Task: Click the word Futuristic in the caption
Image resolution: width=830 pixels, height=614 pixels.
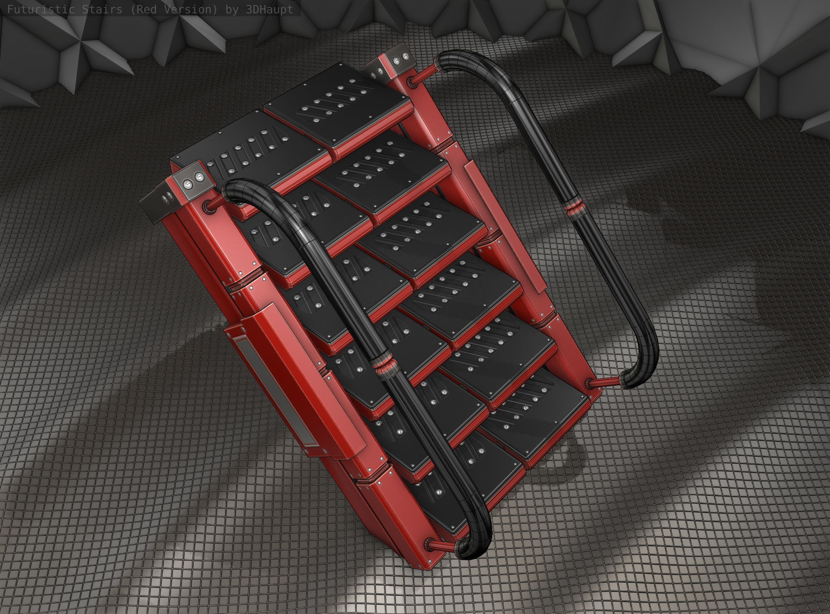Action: [x=36, y=10]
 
